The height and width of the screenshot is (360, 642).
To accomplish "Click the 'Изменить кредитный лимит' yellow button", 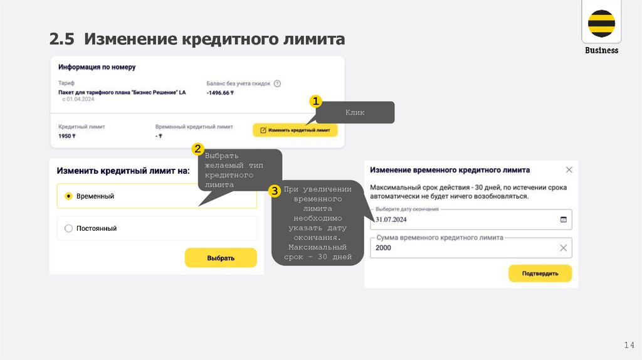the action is [x=295, y=130].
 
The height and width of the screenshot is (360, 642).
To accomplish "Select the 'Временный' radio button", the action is [x=69, y=196].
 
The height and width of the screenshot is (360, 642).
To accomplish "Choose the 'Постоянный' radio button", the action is [x=69, y=229].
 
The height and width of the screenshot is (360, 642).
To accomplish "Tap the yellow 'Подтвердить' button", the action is [x=540, y=273].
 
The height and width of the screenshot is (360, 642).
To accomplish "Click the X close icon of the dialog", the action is [x=569, y=170].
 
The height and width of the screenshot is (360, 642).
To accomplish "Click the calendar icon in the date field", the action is [x=562, y=220].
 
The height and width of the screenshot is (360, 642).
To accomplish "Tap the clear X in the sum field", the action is [x=563, y=248].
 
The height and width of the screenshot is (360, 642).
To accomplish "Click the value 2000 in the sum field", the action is [x=384, y=248].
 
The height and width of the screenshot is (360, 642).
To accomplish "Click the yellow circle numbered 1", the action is [x=315, y=102].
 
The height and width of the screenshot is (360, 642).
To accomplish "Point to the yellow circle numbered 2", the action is [x=197, y=149].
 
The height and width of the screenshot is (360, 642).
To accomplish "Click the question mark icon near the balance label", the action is [x=277, y=83].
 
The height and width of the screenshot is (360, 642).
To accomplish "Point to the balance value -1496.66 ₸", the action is [x=220, y=93].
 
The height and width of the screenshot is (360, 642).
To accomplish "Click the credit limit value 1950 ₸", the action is [x=67, y=135].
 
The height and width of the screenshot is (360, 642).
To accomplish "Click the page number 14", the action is [x=629, y=345].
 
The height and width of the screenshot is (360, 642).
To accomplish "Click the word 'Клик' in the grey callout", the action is [x=355, y=113].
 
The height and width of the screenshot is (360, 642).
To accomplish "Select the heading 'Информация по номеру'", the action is [x=97, y=66].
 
